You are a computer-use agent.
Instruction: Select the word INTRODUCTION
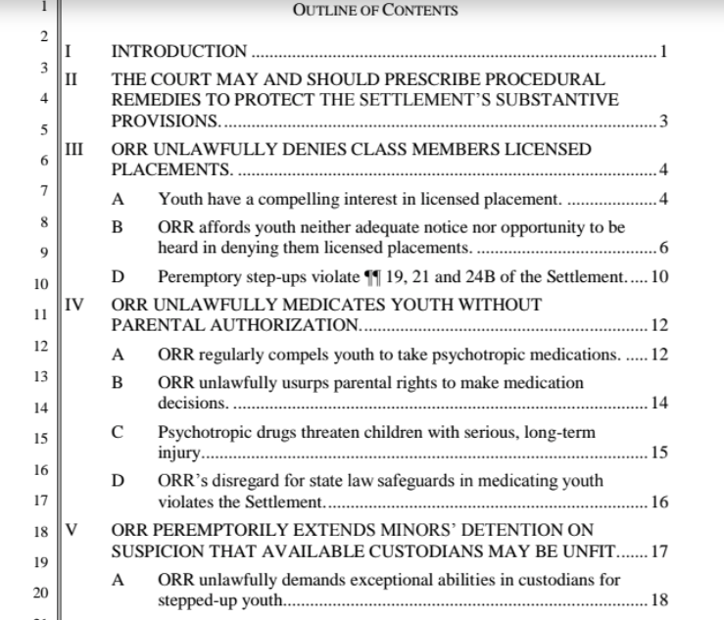(x=179, y=51)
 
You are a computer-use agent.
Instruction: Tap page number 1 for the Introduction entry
(x=664, y=51)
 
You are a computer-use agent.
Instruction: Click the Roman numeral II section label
(x=71, y=78)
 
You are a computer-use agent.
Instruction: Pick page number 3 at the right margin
(x=664, y=121)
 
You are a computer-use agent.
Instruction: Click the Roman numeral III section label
(x=72, y=150)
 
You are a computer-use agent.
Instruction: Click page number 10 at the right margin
(x=659, y=276)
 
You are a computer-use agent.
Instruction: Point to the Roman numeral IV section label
(x=72, y=305)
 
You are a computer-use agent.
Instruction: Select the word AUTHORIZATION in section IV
(x=285, y=325)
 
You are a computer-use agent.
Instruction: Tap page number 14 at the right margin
(x=659, y=403)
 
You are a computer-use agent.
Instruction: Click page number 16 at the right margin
(x=659, y=502)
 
